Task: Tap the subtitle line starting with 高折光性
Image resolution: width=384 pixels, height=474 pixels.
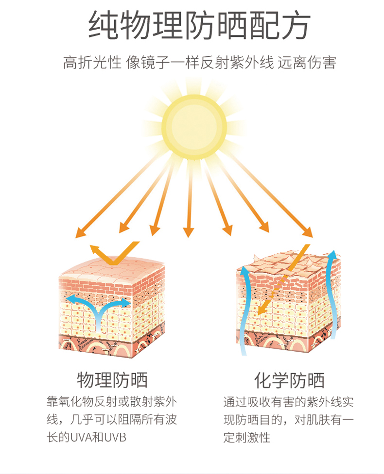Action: click(x=199, y=63)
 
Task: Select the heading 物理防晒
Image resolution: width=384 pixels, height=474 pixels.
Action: click(x=112, y=380)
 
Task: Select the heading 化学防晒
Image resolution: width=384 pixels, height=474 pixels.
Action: click(x=289, y=380)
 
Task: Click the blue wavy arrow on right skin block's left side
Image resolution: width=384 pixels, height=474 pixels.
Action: click(x=245, y=311)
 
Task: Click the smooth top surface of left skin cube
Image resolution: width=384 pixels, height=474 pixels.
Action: click(x=117, y=269)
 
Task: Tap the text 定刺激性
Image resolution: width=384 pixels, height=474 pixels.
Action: click(x=247, y=437)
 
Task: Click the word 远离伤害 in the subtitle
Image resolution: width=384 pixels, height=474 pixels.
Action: click(x=314, y=63)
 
